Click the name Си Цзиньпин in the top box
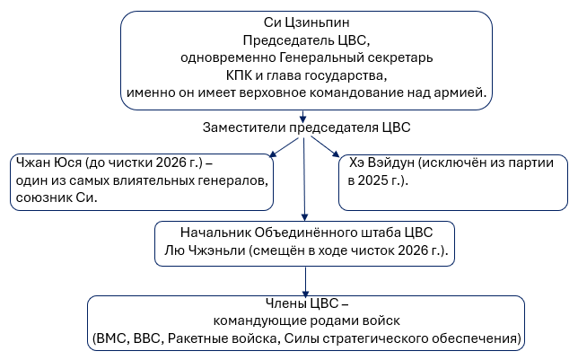point(307,24)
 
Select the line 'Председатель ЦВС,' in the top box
point(307,41)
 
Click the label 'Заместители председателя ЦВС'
point(307,127)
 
